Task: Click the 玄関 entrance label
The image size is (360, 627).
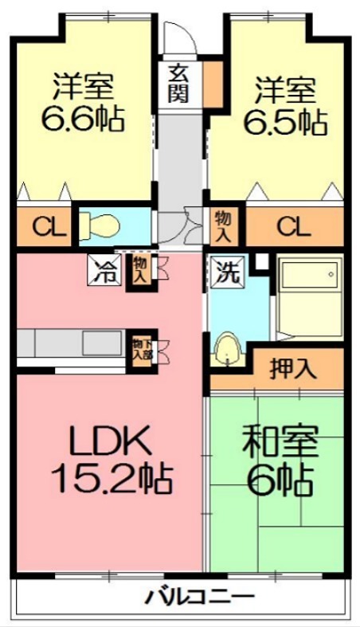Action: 178,82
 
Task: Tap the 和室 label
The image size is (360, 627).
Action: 279,441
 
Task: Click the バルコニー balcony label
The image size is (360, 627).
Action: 200,595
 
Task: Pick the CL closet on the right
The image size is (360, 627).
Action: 293,227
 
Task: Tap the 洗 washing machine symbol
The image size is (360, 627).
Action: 228,271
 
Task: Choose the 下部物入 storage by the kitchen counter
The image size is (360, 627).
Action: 142,348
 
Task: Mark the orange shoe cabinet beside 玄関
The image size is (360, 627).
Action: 213,79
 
